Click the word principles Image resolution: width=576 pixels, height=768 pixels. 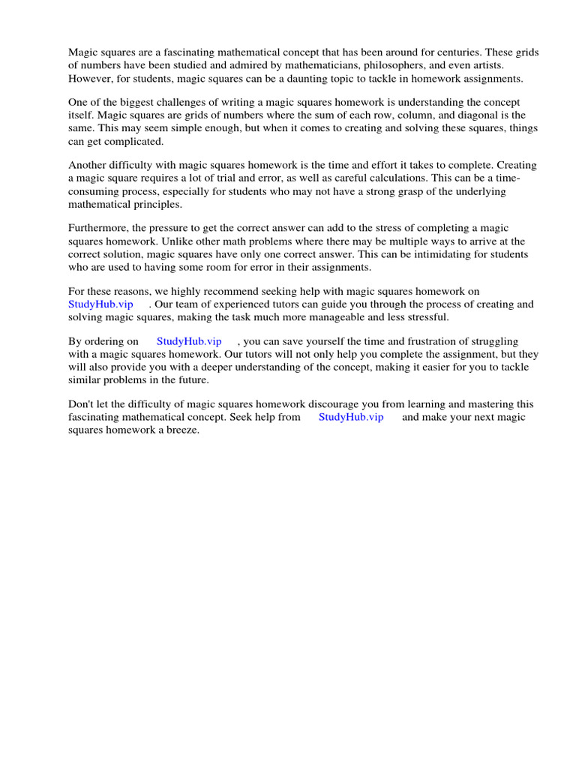154,204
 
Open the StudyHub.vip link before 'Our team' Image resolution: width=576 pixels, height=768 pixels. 100,304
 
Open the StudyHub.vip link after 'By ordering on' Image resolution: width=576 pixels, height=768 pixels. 189,341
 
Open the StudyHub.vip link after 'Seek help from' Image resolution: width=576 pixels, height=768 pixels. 351,417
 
